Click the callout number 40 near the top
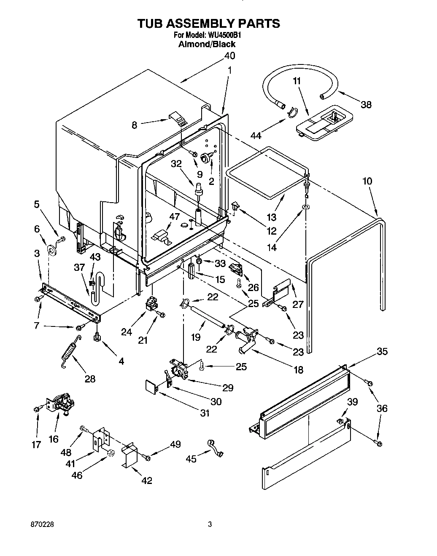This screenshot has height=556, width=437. [229, 56]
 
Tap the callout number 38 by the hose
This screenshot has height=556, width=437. [366, 104]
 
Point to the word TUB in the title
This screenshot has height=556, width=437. [151, 24]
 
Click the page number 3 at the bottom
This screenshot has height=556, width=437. [209, 525]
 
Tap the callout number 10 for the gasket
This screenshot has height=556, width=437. [367, 181]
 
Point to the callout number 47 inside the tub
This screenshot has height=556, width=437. [175, 217]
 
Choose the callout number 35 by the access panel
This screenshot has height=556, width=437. [382, 351]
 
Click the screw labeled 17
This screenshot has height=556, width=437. [36, 409]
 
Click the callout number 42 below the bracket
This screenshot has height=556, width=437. [146, 480]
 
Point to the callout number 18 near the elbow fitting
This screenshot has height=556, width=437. [298, 370]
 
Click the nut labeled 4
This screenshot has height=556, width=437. [97, 337]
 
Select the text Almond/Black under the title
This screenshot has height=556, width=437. [207, 44]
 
